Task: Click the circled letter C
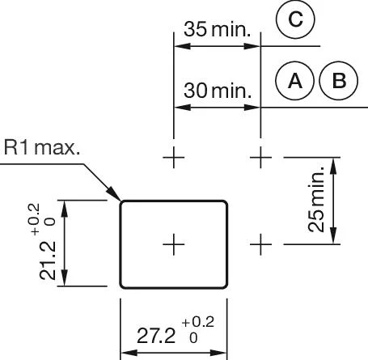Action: pyautogui.click(x=295, y=19)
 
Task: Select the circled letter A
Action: pyautogui.click(x=295, y=81)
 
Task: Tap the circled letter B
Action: pyautogui.click(x=339, y=81)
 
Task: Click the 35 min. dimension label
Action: pyautogui.click(x=218, y=29)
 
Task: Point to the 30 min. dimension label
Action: pyautogui.click(x=218, y=91)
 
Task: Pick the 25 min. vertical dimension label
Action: pyautogui.click(x=316, y=199)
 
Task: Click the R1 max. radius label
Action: pyautogui.click(x=42, y=148)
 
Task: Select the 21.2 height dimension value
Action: pyautogui.click(x=48, y=260)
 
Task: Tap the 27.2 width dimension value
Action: pyautogui.click(x=156, y=336)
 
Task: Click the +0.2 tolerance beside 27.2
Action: pyautogui.click(x=198, y=322)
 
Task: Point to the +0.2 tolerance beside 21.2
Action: pyautogui.click(x=34, y=219)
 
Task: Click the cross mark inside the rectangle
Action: pyautogui.click(x=174, y=244)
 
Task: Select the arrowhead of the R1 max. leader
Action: pyautogui.click(x=113, y=193)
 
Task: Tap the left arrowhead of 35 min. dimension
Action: pyautogui.click(x=182, y=46)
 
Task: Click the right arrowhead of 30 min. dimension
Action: pyautogui.click(x=252, y=108)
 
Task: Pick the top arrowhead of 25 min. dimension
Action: pyautogui.click(x=334, y=166)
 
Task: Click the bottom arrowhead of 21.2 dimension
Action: pyautogui.click(x=65, y=277)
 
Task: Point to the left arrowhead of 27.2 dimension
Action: pyautogui.click(x=129, y=353)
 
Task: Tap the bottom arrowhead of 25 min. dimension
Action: pyautogui.click(x=334, y=235)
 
